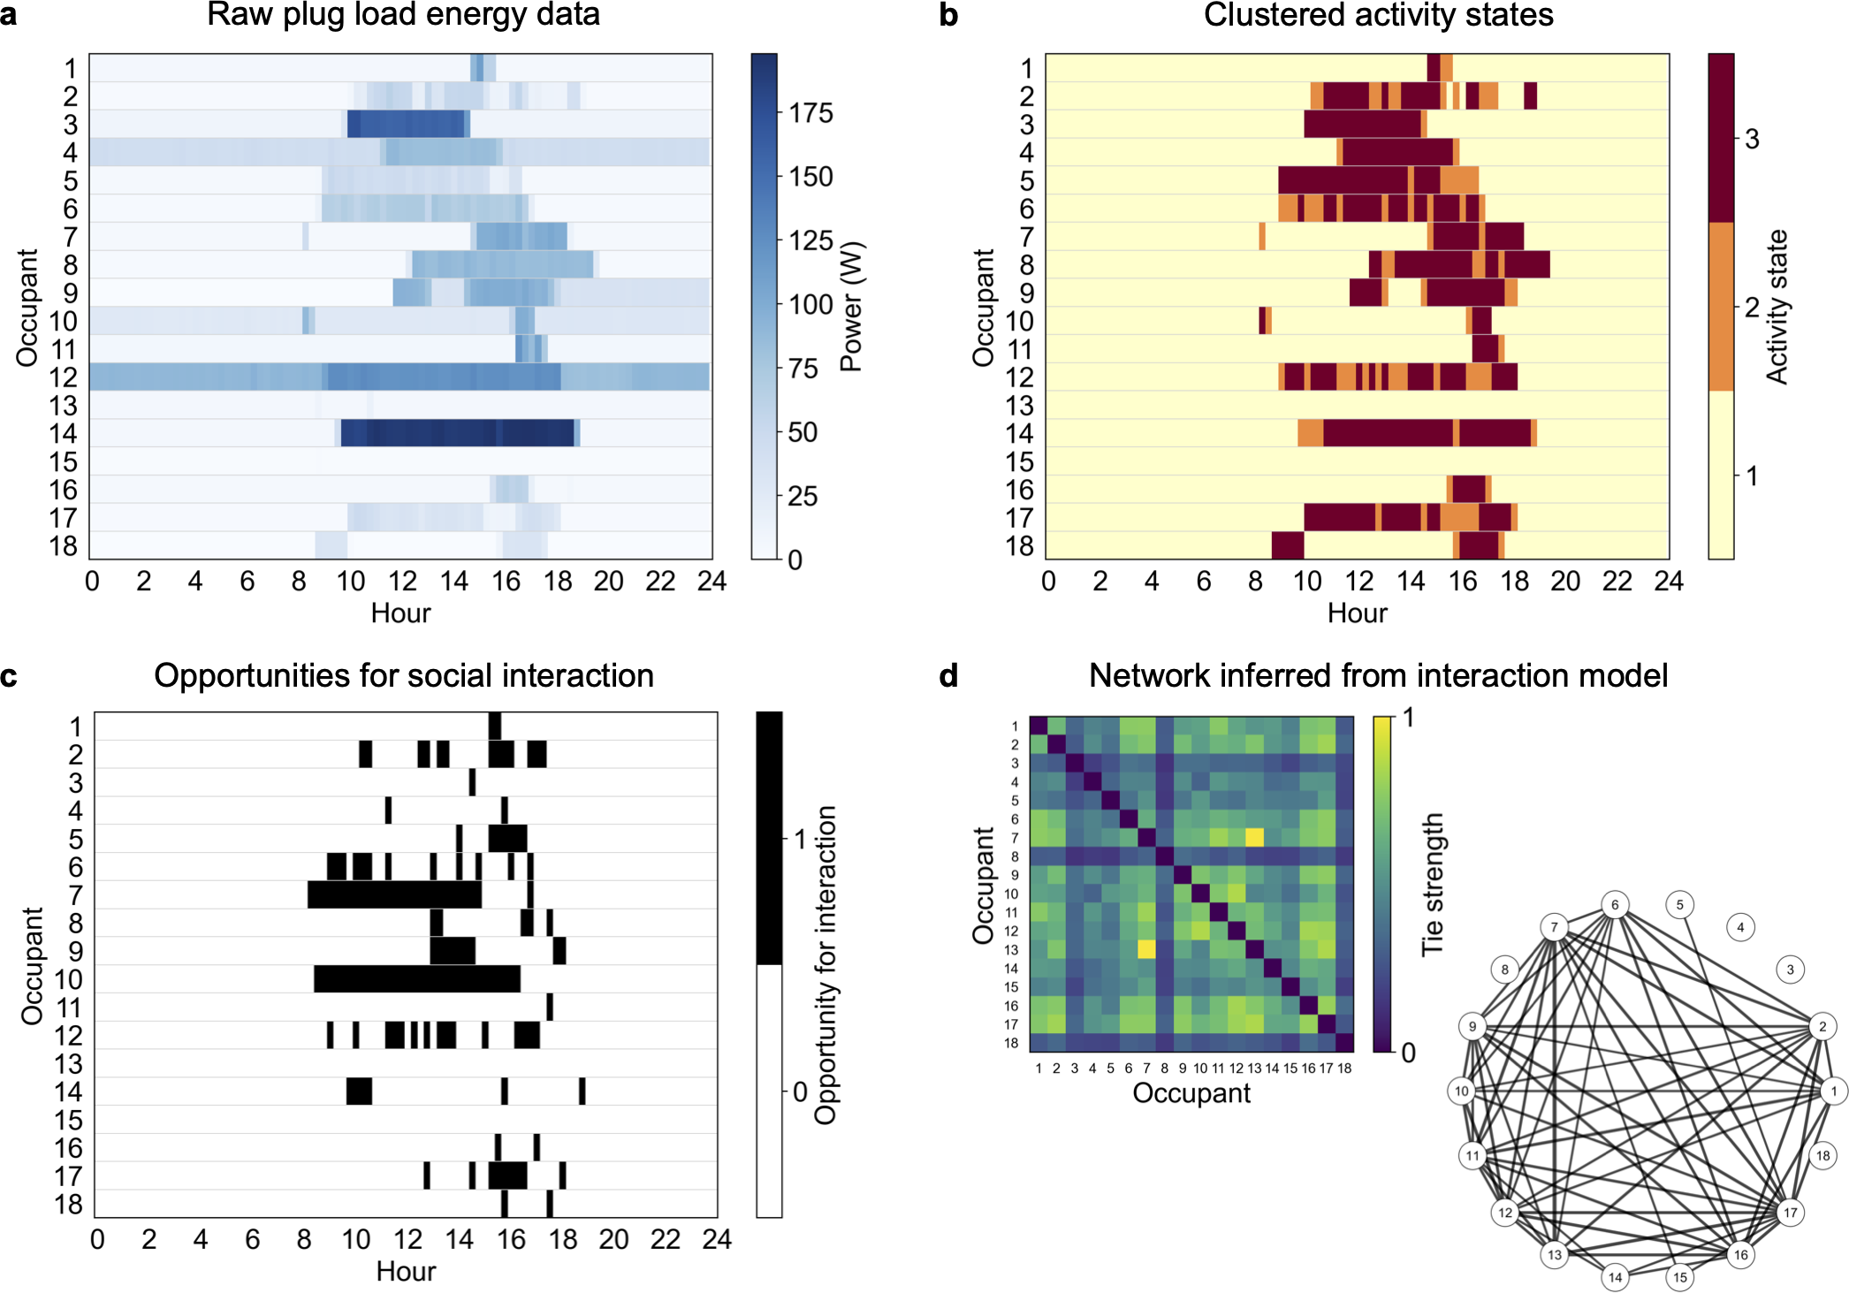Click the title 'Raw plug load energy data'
pos(403,15)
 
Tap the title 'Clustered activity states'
pos(1378,15)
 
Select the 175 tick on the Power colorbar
pos(810,113)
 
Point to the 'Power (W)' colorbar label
pos(851,307)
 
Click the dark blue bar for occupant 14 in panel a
pos(457,433)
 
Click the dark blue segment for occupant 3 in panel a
pos(406,124)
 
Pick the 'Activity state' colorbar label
pos(1777,307)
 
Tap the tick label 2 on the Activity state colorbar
pos(1752,308)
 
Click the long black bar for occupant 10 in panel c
pos(416,979)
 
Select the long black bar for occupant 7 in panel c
pos(394,894)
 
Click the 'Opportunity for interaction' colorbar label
pos(825,965)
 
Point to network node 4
pos(1740,927)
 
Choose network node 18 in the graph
pos(1822,1155)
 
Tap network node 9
pos(1472,1026)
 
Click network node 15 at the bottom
pos(1680,1276)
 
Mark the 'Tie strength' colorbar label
pos(1431,884)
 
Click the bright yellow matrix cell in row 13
pos(1146,949)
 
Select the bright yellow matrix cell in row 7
pos(1254,837)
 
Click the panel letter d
pos(948,676)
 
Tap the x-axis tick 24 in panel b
pos(1669,582)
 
